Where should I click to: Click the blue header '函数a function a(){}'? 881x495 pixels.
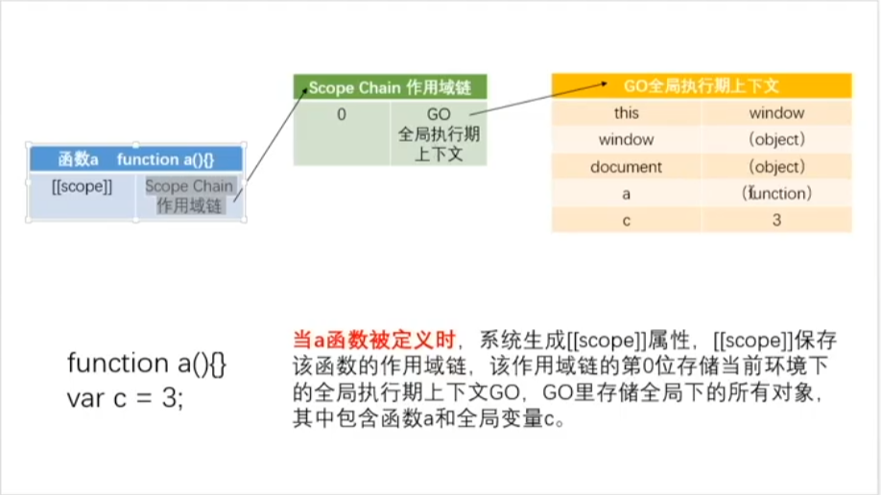pos(136,159)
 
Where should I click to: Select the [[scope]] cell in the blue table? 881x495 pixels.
pos(83,187)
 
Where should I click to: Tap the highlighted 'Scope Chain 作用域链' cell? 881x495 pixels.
pos(189,195)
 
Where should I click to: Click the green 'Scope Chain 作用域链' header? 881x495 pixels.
pos(390,87)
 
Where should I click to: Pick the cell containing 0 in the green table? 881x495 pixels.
pos(341,115)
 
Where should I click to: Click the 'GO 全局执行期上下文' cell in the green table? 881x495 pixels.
pos(438,134)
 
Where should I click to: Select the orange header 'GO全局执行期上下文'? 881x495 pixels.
pos(702,85)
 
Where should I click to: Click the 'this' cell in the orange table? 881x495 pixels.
pos(626,113)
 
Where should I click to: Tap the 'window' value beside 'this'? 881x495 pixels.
pos(776,113)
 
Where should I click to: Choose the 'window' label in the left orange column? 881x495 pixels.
pos(626,140)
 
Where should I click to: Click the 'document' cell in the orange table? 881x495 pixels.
pos(626,167)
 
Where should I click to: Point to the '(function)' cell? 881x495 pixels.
pos(776,193)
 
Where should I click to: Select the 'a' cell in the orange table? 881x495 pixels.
pos(626,193)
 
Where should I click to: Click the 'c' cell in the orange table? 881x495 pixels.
pos(626,220)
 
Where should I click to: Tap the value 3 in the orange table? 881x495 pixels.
pos(776,220)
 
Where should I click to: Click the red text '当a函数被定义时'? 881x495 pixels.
pos(373,340)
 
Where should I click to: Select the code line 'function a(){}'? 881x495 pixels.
pos(146,364)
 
